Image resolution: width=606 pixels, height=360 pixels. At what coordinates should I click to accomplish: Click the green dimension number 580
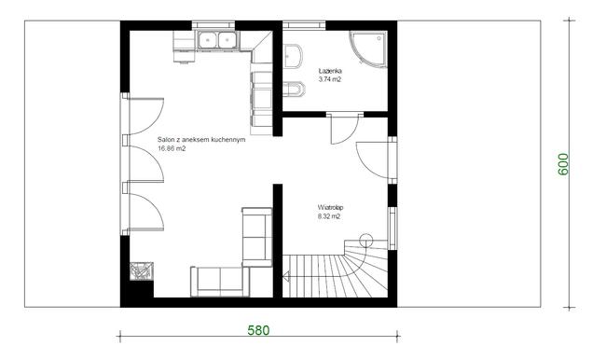258,330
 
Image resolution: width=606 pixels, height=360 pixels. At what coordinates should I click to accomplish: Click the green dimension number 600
563,164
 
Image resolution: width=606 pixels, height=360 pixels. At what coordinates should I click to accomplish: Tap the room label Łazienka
330,71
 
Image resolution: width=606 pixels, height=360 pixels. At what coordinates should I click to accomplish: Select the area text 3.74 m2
330,79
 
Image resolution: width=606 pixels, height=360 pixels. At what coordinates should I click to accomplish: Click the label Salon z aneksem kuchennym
201,140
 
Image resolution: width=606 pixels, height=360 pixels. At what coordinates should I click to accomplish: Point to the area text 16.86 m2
172,148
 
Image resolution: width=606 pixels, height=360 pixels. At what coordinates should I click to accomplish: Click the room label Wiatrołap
330,208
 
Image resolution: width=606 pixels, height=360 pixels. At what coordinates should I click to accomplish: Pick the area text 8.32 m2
329,216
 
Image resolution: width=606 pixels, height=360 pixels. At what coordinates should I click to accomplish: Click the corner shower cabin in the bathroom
368,49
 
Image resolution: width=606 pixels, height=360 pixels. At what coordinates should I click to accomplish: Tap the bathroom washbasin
293,56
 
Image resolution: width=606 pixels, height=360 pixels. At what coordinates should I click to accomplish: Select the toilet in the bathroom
294,90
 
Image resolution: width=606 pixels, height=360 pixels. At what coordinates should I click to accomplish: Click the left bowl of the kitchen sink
208,40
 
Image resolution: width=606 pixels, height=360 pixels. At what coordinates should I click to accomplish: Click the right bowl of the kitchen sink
227,40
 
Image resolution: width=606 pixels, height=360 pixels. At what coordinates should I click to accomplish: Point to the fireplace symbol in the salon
142,270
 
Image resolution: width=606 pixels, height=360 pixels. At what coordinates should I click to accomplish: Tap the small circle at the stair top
365,241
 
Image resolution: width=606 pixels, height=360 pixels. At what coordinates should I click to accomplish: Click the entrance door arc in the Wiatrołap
364,166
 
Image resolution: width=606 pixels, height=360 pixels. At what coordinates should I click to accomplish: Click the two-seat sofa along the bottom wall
220,282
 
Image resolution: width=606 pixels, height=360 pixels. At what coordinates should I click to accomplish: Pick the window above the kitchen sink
213,25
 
